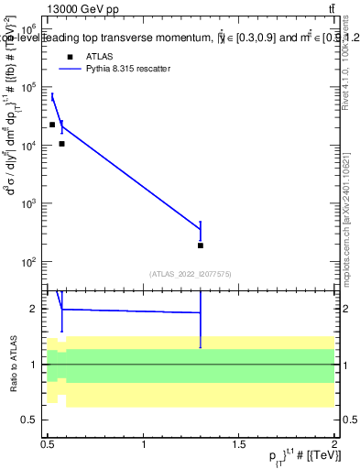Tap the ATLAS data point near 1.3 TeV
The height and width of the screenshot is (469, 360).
pos(200,245)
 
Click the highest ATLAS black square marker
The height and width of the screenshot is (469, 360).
pos(52,125)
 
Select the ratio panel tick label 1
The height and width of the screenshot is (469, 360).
pos(35,365)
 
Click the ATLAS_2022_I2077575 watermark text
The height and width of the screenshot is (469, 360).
pos(190,273)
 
